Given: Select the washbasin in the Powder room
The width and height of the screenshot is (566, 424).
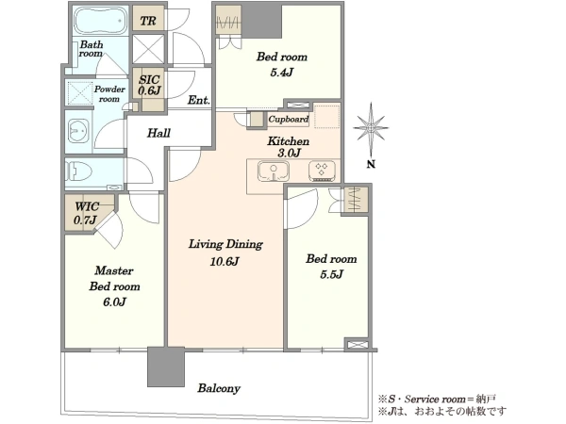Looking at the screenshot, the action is tap(78, 131).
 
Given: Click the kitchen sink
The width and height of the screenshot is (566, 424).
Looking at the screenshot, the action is tap(274, 171).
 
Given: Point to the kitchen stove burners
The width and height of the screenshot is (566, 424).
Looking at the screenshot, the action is tap(322, 171).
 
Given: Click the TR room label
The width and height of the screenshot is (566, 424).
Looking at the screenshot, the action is tap(148, 21).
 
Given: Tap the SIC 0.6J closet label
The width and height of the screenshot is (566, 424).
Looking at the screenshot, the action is tap(149, 85).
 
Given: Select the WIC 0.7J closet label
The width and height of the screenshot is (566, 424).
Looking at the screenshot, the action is tap(86, 213).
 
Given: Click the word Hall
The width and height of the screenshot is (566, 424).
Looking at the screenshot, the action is tap(158, 133).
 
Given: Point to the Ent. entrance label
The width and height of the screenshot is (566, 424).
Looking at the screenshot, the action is tap(198, 100).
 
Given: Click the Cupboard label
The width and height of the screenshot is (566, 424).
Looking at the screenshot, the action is tap(289, 119).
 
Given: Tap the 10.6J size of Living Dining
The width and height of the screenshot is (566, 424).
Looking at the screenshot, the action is tap(225, 261).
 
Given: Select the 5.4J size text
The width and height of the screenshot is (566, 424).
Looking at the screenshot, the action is tap(281, 73).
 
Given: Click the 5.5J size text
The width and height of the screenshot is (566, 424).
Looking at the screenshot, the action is tap(331, 274).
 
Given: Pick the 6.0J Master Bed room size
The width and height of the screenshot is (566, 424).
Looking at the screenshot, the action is tap(114, 302).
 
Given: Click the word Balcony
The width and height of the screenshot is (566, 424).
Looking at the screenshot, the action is tap(219, 388).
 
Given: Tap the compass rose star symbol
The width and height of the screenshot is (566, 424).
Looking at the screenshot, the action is tap(371, 127).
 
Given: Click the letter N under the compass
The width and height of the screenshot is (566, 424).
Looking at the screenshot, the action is tap(371, 164).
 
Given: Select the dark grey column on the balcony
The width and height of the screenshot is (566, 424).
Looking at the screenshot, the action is tap(166, 367).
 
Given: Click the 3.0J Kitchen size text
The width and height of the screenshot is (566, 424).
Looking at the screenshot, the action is tap(290, 153).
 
